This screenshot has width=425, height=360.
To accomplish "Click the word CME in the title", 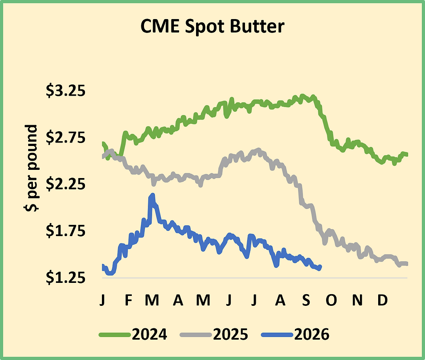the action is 160,26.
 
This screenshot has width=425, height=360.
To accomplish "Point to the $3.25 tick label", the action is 65,91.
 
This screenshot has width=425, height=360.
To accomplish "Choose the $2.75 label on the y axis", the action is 65,137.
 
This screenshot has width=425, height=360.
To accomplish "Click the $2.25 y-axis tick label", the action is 65,184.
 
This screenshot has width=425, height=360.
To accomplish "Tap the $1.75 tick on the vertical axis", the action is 65,230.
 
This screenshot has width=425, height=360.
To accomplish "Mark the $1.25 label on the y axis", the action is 65,277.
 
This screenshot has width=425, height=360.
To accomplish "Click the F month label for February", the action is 128,300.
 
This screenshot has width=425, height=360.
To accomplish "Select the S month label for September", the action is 306,300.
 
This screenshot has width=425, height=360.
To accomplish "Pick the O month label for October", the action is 331,300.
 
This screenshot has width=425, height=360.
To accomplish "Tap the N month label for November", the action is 357,300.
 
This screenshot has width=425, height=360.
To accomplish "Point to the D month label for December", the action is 382,300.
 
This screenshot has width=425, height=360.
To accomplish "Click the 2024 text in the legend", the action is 149,334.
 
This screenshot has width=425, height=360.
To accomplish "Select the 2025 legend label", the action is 230,334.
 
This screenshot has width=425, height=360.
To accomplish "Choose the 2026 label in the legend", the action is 312,334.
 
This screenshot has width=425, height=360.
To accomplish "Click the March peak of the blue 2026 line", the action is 152,195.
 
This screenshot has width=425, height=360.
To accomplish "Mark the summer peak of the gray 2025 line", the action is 258,149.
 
